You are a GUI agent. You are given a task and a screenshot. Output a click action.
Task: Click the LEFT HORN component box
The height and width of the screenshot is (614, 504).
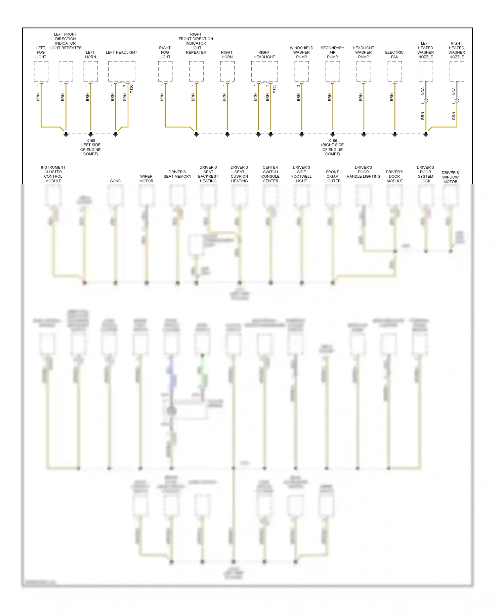click(91, 71)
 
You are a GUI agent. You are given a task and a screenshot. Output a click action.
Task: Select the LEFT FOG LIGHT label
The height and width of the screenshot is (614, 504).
click(41, 52)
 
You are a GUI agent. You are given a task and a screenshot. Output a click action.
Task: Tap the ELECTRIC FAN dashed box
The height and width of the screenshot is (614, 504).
click(395, 71)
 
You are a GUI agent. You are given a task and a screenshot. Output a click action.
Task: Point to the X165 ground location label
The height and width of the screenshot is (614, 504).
click(91, 147)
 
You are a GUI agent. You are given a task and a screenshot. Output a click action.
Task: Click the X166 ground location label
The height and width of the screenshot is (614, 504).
click(333, 147)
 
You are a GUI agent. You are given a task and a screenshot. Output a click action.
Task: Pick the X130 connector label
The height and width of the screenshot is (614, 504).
click(131, 89)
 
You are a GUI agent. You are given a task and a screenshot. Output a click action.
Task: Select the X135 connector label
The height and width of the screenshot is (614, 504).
click(274, 89)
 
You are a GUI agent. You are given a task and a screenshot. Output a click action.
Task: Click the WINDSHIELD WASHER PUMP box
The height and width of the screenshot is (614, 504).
click(302, 71)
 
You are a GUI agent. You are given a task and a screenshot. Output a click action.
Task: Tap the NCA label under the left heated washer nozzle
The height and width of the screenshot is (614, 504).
click(423, 91)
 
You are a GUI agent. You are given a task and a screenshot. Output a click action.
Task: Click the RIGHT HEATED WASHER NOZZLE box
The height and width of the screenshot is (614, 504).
click(457, 71)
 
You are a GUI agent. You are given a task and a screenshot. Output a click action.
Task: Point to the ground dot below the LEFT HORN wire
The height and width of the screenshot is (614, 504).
click(91, 133)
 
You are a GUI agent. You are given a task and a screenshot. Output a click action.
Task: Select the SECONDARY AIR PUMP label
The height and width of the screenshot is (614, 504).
click(333, 52)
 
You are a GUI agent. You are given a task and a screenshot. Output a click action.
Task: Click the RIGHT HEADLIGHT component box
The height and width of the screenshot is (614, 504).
click(264, 71)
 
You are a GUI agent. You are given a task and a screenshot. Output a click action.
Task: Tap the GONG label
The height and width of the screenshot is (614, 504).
click(115, 181)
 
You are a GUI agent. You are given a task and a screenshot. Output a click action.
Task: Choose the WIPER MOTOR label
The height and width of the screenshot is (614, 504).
click(146, 178)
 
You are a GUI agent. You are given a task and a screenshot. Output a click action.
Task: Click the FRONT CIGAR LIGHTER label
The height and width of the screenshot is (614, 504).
click(333, 176)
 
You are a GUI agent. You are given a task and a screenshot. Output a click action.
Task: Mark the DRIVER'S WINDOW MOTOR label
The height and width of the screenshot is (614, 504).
click(450, 177)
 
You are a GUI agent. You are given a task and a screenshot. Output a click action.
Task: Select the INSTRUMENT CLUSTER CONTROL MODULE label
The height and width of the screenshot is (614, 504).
click(53, 174)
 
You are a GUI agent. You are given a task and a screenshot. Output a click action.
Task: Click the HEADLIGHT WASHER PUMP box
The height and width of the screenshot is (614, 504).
click(364, 71)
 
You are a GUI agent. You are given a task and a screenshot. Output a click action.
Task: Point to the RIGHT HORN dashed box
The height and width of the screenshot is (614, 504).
click(227, 71)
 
